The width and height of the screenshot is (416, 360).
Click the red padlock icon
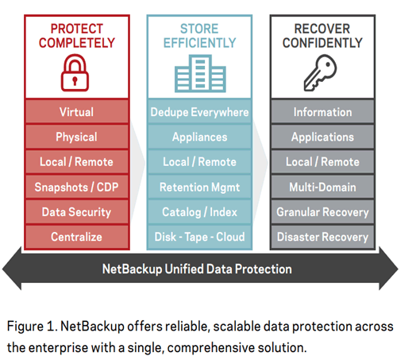click(75, 73)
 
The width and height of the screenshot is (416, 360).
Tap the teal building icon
click(200, 74)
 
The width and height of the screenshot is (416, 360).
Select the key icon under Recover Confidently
click(320, 73)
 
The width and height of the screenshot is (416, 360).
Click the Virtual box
click(77, 112)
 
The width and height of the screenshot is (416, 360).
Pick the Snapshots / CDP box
click(77, 187)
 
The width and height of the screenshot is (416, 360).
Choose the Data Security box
click(77, 212)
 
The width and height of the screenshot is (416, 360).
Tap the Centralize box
click(77, 237)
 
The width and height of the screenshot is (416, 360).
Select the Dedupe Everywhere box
click(199, 112)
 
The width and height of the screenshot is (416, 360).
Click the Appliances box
click(199, 137)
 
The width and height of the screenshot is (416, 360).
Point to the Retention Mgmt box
click(199, 187)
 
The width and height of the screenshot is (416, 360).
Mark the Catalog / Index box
click(199, 212)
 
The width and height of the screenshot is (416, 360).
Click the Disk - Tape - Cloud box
click(199, 237)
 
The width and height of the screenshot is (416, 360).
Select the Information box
click(322, 112)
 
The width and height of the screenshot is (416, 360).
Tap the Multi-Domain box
click(322, 187)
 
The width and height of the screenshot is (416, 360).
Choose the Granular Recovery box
click(322, 212)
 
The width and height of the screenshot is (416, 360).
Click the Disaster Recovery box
click(322, 237)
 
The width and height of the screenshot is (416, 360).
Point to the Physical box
click(77, 137)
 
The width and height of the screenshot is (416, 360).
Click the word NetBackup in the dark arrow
click(132, 269)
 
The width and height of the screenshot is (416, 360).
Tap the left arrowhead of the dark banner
click(12, 269)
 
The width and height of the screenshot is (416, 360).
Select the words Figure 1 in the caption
click(32, 327)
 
